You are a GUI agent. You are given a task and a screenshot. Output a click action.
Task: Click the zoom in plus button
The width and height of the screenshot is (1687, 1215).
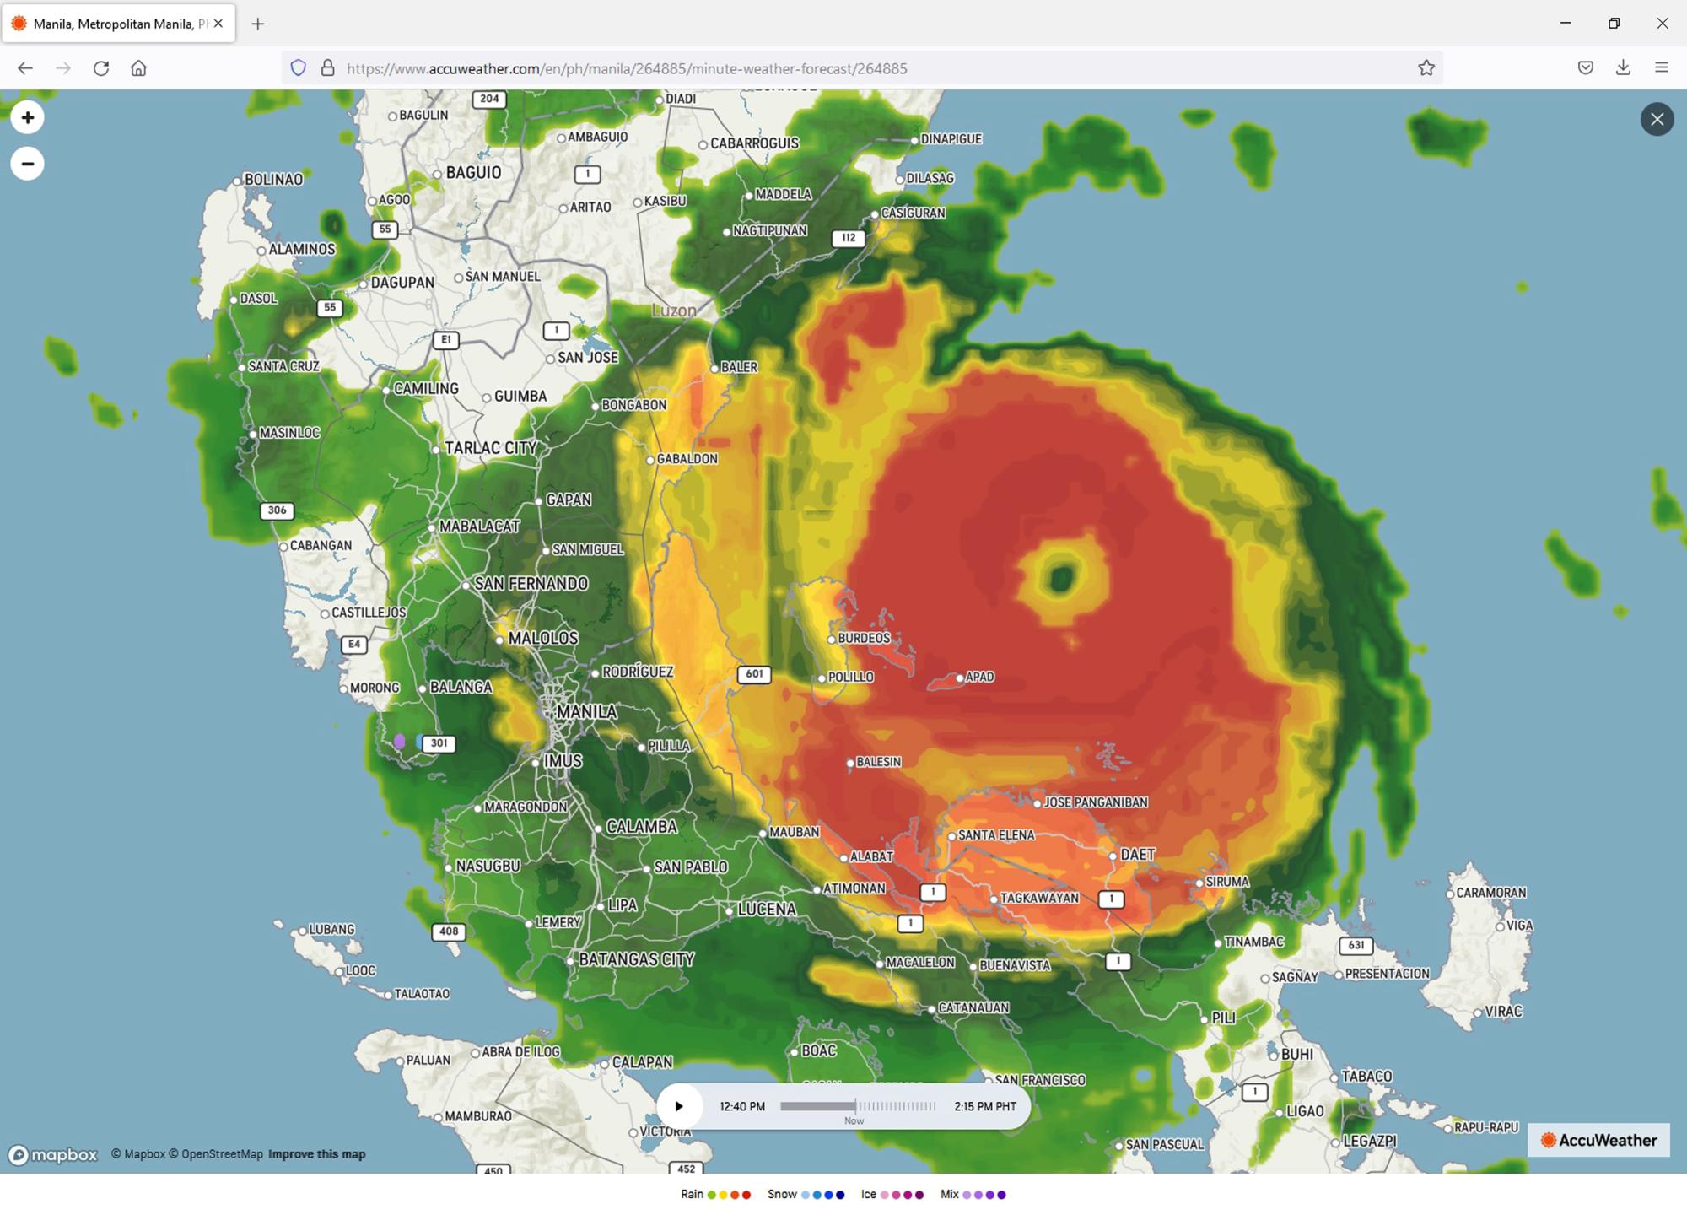(x=27, y=117)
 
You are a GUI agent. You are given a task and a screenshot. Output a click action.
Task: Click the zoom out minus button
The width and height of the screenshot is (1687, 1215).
(x=27, y=164)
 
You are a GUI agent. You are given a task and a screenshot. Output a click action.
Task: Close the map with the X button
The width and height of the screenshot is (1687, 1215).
(x=1657, y=119)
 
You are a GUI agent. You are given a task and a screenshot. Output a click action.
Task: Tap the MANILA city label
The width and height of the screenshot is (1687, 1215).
(x=586, y=712)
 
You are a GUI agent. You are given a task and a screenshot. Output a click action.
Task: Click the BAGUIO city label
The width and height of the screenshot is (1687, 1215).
(x=472, y=173)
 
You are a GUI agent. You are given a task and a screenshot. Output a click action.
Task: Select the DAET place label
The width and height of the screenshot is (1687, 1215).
(x=1137, y=855)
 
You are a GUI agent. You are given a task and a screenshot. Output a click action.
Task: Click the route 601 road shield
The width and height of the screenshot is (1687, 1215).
(x=754, y=674)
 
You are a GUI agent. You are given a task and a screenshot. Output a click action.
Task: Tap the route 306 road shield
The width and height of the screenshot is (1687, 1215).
(x=277, y=510)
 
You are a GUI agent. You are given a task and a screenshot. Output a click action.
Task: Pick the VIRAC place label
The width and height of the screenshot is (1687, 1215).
(x=1502, y=1012)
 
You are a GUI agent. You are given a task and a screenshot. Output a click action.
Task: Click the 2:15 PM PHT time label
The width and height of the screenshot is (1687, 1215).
(x=984, y=1106)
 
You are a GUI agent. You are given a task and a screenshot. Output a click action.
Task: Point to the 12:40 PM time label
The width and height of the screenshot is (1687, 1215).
(x=742, y=1106)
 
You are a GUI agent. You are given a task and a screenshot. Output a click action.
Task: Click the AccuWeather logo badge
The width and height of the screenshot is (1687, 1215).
(x=1598, y=1140)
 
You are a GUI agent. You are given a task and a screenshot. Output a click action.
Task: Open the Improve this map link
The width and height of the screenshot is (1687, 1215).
(x=316, y=1154)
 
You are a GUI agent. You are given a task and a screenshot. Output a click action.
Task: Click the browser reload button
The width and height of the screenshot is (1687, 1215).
(x=101, y=68)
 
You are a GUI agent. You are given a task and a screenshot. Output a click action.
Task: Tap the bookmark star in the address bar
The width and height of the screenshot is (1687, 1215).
(x=1426, y=68)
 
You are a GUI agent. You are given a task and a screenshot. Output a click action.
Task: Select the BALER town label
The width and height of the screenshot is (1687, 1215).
(x=739, y=367)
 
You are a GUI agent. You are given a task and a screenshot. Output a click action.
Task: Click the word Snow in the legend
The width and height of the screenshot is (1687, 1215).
(x=782, y=1194)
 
